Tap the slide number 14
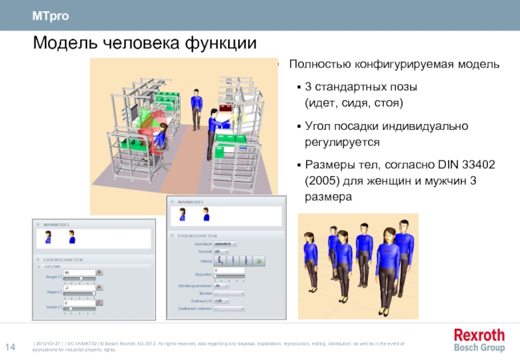pyautogui.click(x=10, y=345)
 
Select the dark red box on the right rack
pyautogui.click(x=227, y=109)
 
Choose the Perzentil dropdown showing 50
pyautogui.click(x=220, y=251)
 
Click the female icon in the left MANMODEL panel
pyautogui.click(x=47, y=238)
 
